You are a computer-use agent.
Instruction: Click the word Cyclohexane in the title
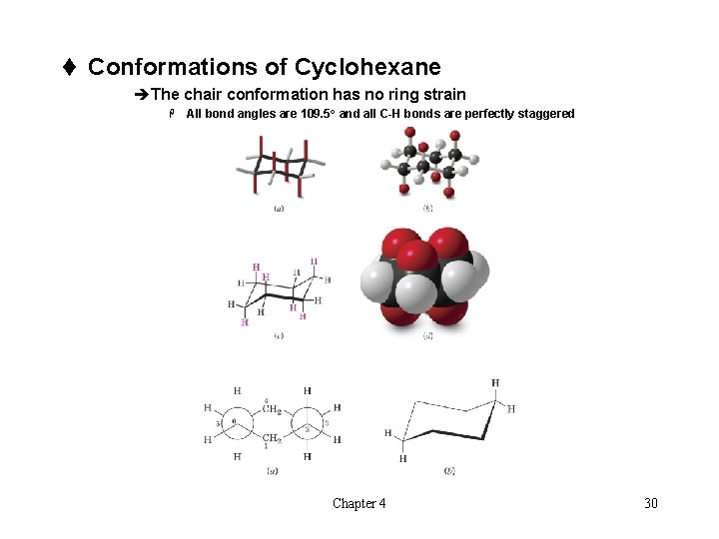(x=367, y=67)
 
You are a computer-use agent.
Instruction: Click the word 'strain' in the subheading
(x=442, y=94)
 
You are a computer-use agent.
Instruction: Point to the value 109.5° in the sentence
(x=319, y=114)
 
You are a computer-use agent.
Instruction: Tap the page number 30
(x=651, y=503)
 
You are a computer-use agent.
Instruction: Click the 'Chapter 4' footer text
(x=359, y=503)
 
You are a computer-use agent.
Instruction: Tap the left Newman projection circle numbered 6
(x=236, y=423)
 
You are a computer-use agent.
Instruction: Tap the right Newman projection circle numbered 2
(x=308, y=423)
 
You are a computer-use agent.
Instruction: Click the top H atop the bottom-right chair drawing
(x=495, y=382)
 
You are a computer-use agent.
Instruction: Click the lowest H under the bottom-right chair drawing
(x=402, y=459)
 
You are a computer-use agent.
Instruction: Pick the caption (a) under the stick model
(x=279, y=210)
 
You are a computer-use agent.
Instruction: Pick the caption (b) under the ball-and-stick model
(x=427, y=210)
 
